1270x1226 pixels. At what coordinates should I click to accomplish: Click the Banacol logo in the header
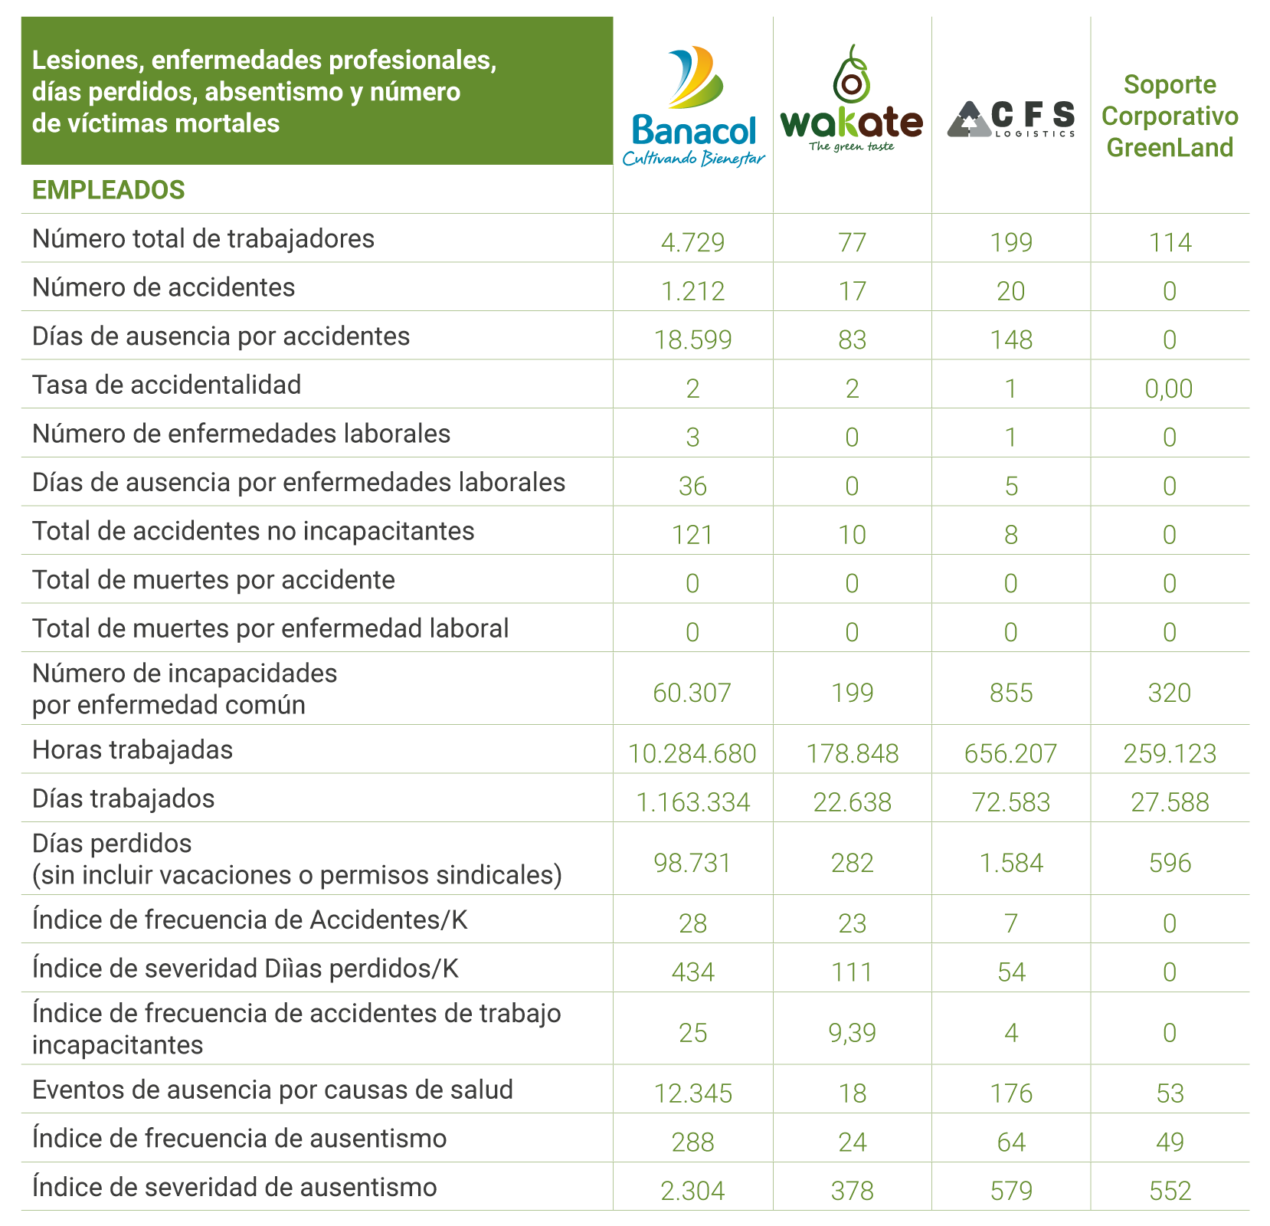tap(693, 107)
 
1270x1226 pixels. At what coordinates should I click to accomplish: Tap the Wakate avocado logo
tap(852, 100)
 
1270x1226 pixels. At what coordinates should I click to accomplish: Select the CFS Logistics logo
tap(1011, 119)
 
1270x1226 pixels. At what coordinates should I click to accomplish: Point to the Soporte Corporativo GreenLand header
tap(1170, 116)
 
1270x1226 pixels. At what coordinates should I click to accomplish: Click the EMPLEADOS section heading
tap(108, 190)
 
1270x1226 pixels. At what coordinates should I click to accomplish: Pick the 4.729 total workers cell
tap(692, 242)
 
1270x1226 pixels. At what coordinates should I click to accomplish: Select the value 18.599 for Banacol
tap(692, 339)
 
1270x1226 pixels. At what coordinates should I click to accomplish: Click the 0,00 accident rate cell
tap(1169, 388)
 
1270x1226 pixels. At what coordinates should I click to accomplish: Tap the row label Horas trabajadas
tap(133, 749)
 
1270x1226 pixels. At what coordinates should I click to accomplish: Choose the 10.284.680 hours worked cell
tap(692, 753)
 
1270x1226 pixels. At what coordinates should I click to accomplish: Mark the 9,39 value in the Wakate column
tap(852, 1032)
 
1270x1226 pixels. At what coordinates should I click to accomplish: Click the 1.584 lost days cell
tap(1011, 863)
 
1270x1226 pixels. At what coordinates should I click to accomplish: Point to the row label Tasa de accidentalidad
tap(166, 385)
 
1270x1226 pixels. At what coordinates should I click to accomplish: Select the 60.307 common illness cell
tap(692, 693)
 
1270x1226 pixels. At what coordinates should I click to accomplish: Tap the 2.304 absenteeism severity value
tap(692, 1190)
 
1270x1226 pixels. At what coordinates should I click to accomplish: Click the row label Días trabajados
tap(123, 798)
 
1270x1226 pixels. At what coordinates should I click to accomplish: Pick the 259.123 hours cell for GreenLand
tap(1170, 753)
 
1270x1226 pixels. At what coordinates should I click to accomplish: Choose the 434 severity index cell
tap(692, 972)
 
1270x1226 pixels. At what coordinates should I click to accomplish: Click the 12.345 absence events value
tap(692, 1093)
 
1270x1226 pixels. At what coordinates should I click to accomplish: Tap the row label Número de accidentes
tap(163, 287)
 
